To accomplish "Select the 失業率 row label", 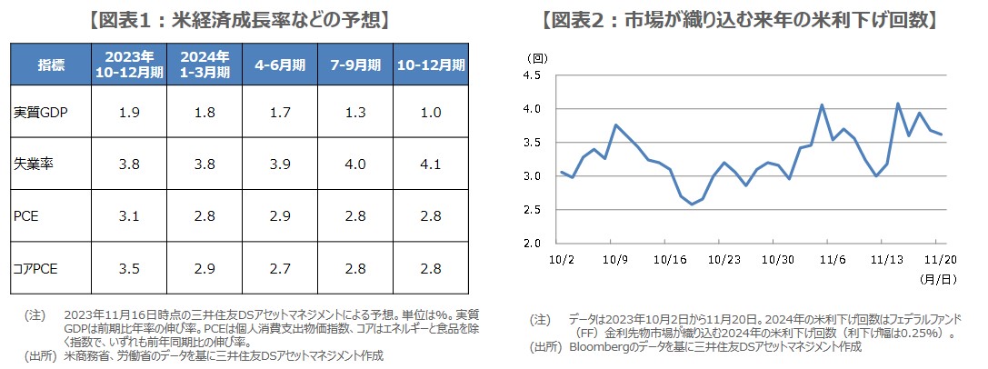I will click(x=31, y=165).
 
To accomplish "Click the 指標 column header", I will click(x=51, y=65).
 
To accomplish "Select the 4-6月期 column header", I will click(x=280, y=65).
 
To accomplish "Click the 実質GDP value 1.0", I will click(x=430, y=113).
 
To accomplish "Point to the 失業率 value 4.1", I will click(x=430, y=165).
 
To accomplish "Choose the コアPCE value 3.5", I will click(x=128, y=270).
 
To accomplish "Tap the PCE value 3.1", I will click(x=128, y=217).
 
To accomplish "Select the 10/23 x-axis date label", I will click(x=723, y=258).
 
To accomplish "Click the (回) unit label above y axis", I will click(x=538, y=57).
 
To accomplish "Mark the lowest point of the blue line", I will click(x=694, y=204).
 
